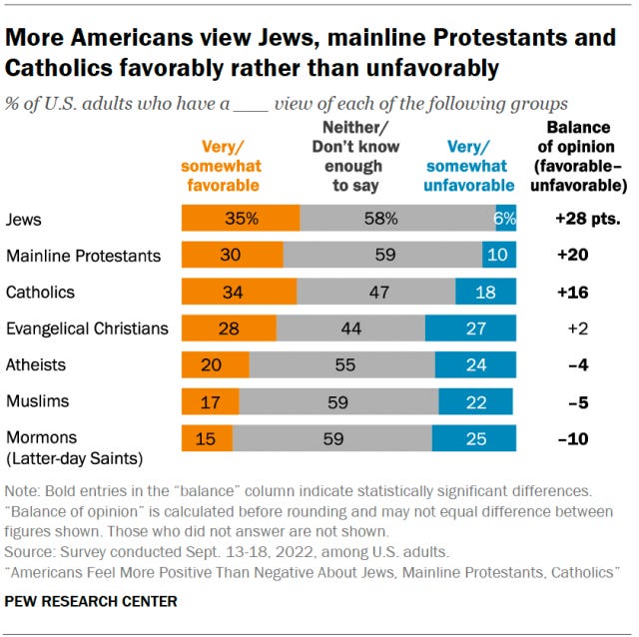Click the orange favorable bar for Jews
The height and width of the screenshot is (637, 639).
pyautogui.click(x=240, y=219)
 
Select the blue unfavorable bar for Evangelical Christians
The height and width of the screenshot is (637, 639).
pyautogui.click(x=470, y=328)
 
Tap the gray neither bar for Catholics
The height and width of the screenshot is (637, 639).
pyautogui.click(x=375, y=292)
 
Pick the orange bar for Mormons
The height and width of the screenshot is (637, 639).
pyautogui.click(x=207, y=438)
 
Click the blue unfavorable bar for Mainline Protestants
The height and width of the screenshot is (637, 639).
pyautogui.click(x=497, y=256)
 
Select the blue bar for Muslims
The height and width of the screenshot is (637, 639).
pyautogui.click(x=475, y=402)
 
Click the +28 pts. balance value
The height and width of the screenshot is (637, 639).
pyautogui.click(x=581, y=220)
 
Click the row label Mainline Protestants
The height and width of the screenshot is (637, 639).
pyautogui.click(x=83, y=256)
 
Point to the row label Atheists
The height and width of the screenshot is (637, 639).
pyautogui.click(x=36, y=365)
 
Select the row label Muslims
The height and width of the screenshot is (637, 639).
pyautogui.click(x=38, y=401)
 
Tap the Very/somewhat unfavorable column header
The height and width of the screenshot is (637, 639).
pyautogui.click(x=469, y=164)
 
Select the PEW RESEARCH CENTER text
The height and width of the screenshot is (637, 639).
pyautogui.click(x=91, y=601)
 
